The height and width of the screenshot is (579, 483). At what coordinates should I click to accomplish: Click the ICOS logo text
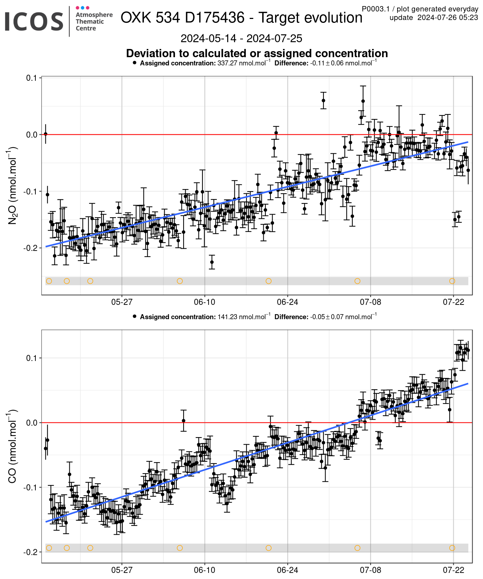(34, 21)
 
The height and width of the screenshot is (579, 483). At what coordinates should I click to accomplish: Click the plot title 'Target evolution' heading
(310, 18)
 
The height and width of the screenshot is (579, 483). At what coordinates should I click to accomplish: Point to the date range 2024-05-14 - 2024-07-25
(241, 39)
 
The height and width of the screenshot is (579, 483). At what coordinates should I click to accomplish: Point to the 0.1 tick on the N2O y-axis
(33, 78)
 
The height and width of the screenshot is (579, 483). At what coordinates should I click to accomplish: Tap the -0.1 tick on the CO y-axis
(31, 488)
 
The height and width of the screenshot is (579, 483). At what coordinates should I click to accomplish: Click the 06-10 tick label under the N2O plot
(205, 302)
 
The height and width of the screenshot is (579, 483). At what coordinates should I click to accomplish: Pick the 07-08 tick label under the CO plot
(370, 570)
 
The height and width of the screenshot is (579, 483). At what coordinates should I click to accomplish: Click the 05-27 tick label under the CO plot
(122, 570)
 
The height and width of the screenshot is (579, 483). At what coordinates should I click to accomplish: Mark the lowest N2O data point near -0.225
(212, 262)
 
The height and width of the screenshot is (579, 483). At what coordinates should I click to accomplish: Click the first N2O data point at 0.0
(45, 134)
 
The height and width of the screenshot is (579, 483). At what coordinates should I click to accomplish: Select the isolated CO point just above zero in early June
(184, 421)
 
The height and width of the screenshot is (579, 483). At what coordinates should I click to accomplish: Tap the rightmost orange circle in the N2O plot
(452, 281)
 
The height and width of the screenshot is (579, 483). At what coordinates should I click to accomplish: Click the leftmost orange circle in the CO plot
(49, 548)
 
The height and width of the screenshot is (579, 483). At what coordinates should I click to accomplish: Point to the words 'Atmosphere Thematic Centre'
(94, 21)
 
